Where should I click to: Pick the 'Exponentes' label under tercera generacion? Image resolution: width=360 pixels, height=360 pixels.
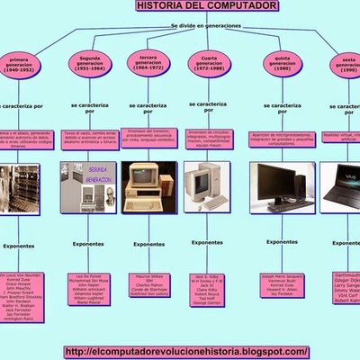coord(148,244)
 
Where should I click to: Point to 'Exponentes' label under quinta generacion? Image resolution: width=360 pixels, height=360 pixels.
coord(273,244)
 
